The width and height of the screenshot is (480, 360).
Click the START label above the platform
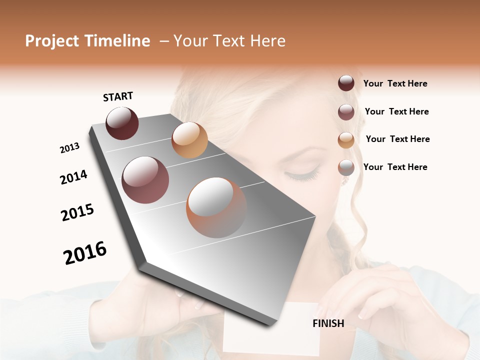pos(118,96)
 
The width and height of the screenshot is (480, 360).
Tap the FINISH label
pos(328,323)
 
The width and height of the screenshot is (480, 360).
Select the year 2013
pos(69,148)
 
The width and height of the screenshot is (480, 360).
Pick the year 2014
pos(73,177)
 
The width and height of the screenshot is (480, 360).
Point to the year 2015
pos(77,212)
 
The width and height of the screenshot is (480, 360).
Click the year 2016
pos(85,253)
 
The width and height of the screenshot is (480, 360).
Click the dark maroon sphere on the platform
pos(122,123)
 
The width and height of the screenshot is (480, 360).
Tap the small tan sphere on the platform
pos(189,140)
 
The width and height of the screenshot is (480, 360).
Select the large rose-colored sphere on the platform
pos(145,180)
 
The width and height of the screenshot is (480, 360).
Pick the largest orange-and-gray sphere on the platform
pos(216,207)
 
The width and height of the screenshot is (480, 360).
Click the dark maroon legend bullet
pos(346,83)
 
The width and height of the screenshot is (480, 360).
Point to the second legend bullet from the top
pos(346,112)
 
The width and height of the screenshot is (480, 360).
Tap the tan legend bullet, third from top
pos(346,140)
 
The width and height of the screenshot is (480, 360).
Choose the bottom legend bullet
pos(346,167)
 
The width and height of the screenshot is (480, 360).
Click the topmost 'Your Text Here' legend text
pos(395,83)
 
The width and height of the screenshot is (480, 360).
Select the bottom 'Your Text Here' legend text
pos(395,167)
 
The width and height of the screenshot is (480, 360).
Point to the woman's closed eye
pos(301,174)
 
